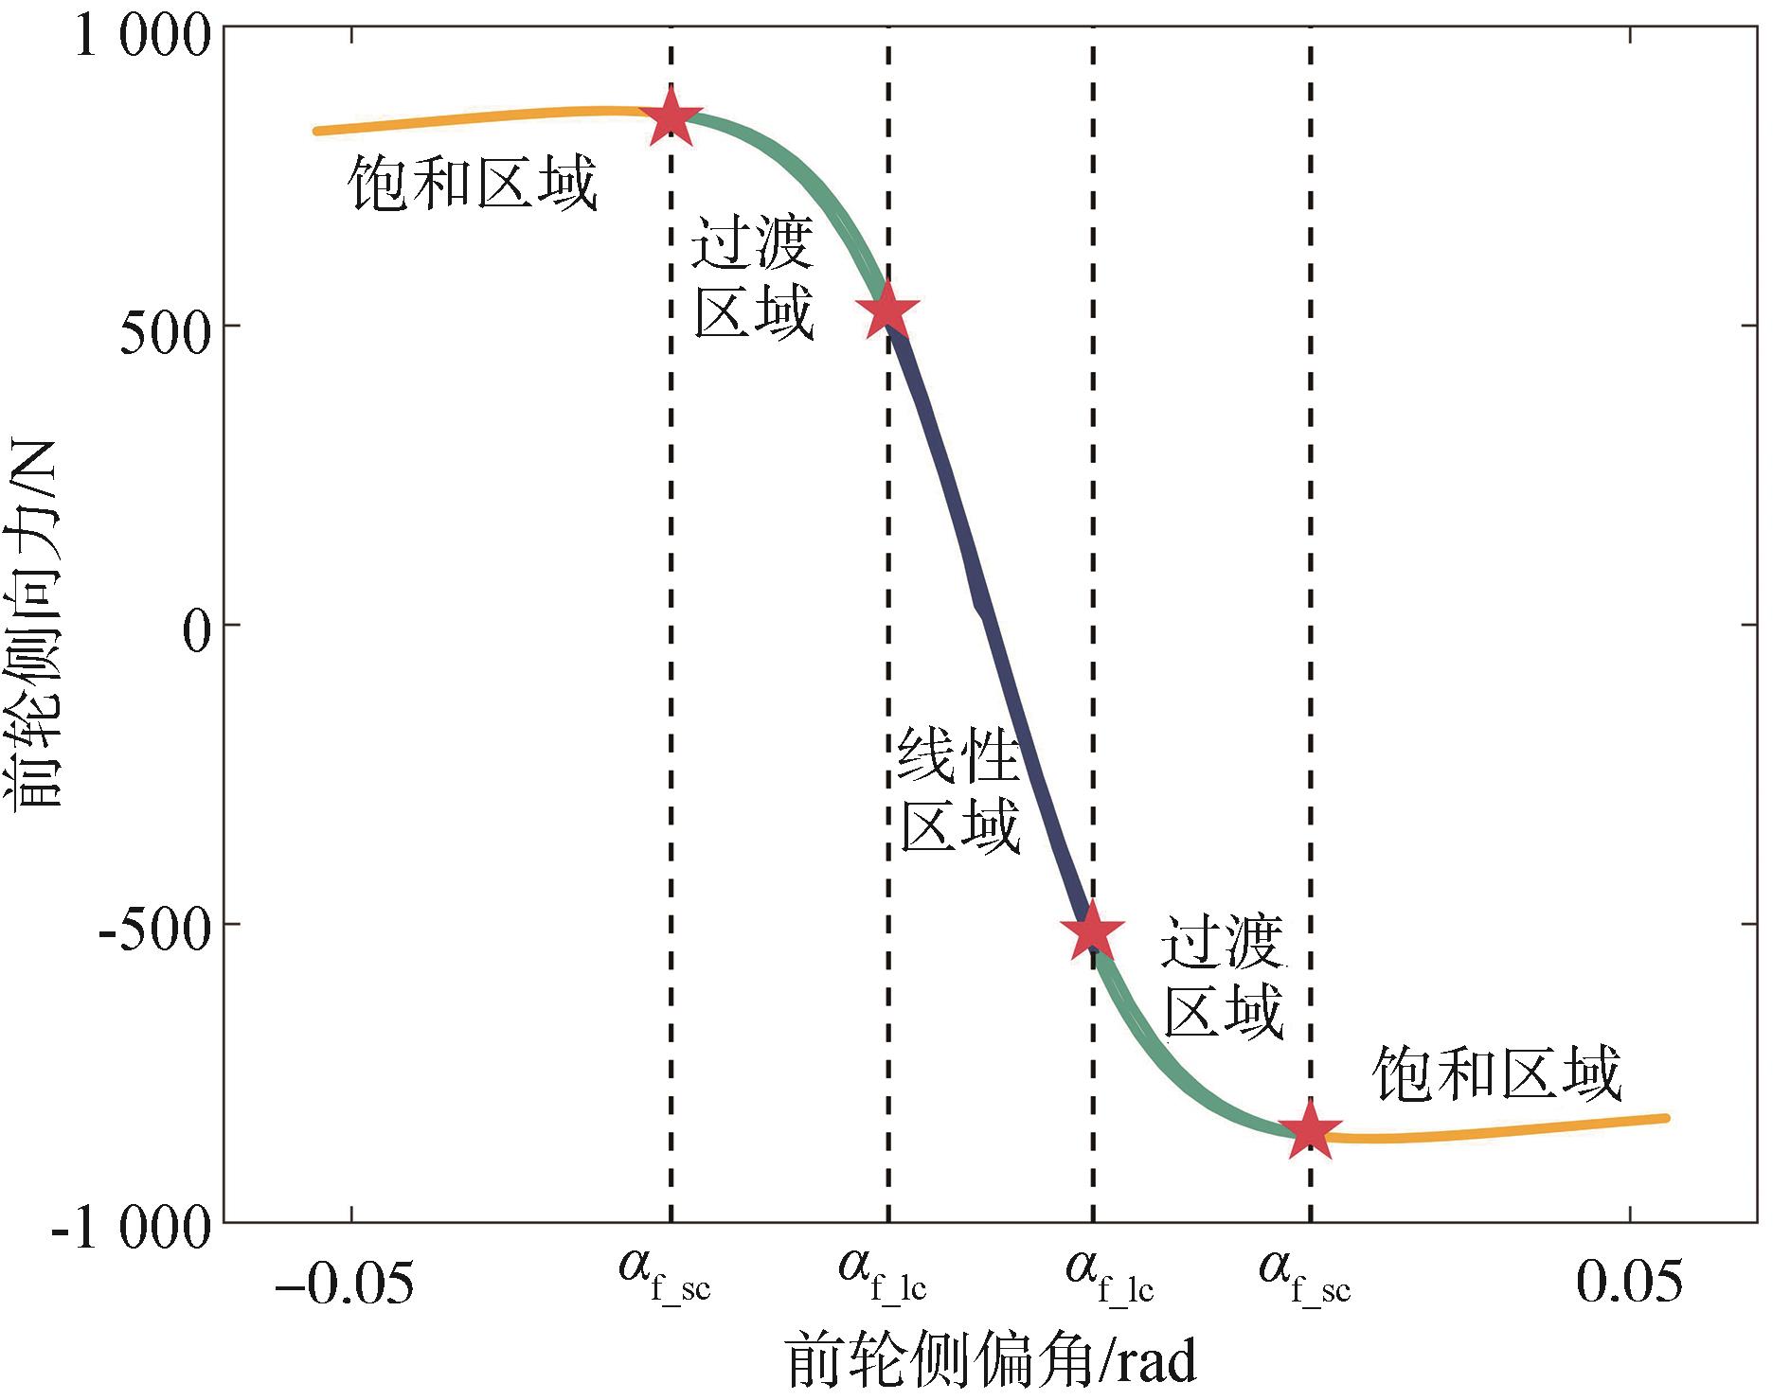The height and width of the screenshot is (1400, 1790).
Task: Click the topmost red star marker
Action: click(x=671, y=118)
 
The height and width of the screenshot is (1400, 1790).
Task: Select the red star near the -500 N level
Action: click(x=1093, y=931)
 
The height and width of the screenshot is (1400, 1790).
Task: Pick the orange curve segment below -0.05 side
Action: click(x=474, y=118)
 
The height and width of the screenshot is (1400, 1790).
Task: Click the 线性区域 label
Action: click(x=958, y=790)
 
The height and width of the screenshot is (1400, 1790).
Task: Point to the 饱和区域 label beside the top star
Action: click(x=472, y=183)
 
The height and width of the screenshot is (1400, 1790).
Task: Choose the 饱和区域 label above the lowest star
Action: click(x=1496, y=1074)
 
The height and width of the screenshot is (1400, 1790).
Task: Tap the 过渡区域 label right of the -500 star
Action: click(x=1223, y=977)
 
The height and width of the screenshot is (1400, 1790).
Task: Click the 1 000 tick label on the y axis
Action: click(x=142, y=38)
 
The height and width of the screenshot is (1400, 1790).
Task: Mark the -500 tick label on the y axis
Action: click(x=153, y=929)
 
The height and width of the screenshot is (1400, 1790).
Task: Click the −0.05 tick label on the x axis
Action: click(x=344, y=1283)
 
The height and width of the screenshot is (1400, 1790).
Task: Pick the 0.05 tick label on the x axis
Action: click(x=1629, y=1283)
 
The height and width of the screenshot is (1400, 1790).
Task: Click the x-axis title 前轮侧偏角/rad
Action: click(x=991, y=1361)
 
